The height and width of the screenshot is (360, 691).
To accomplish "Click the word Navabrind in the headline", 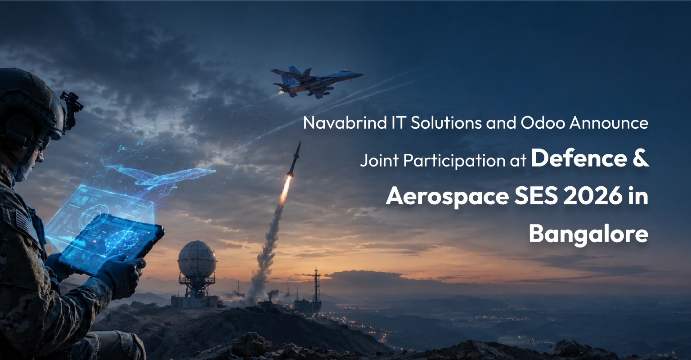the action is click(345, 123).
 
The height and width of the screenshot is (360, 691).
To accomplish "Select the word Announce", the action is click(609, 123).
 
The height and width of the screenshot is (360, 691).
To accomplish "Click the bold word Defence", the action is click(579, 158).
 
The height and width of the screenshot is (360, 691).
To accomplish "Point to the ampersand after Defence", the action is click(641, 158).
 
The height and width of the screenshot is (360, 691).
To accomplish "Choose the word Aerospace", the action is click(447, 196).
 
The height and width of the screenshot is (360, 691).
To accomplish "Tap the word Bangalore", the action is click(588, 234).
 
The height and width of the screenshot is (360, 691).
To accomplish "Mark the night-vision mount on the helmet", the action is click(72, 109).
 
